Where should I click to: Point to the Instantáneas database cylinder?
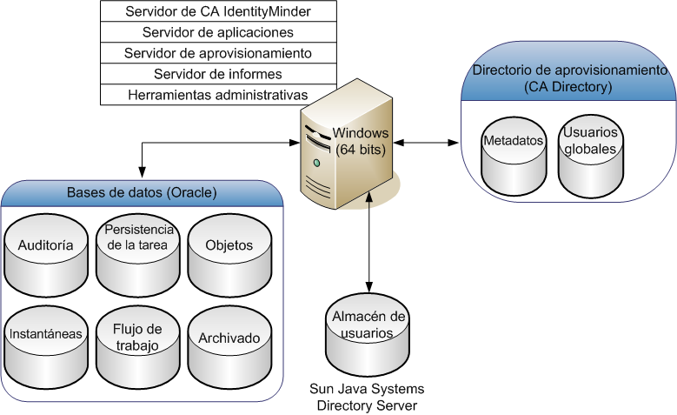(x=45, y=344)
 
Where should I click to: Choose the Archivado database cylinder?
(x=229, y=344)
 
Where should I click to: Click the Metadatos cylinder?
(x=514, y=157)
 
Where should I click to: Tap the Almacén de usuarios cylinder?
(x=369, y=335)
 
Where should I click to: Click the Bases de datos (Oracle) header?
(x=143, y=192)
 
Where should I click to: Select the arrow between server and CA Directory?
(x=426, y=141)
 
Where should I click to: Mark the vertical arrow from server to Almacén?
(x=370, y=244)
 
